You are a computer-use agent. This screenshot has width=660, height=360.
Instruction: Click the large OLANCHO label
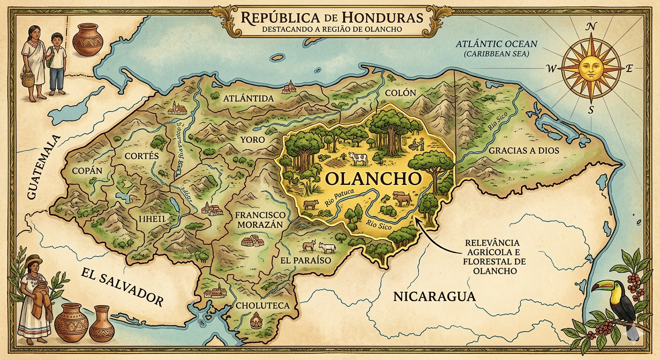coord(373,179)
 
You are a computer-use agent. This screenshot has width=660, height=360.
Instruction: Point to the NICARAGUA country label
coord(435,296)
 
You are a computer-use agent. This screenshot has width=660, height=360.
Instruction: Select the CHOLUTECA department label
coord(262,306)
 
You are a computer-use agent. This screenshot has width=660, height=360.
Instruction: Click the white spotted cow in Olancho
coord(358,159)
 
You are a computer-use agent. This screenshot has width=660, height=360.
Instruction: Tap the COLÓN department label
coord(400,93)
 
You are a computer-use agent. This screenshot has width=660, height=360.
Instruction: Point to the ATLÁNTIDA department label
coord(248,99)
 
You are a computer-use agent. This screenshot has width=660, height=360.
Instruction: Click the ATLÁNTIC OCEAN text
coord(497,45)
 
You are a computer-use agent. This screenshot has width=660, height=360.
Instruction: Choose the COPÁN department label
coord(87,171)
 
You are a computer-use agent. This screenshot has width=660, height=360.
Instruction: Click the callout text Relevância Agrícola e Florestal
coord(489,257)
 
